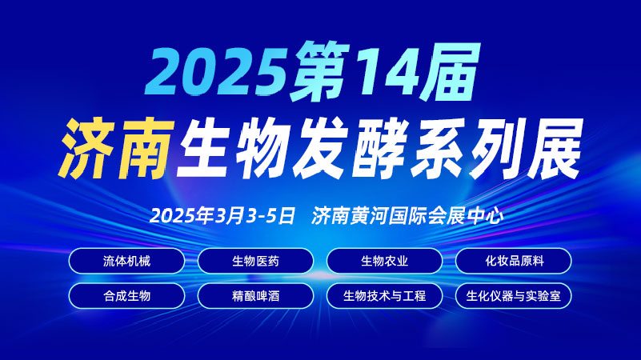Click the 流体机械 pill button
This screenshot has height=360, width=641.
[x=127, y=261]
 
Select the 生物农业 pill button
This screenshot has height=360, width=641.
[x=385, y=261]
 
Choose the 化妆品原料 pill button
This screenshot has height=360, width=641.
[x=514, y=261]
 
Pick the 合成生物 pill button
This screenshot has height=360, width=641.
[x=127, y=295]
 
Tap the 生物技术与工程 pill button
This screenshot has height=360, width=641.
[x=385, y=295]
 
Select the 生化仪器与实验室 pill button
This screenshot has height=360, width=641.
[x=514, y=295]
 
